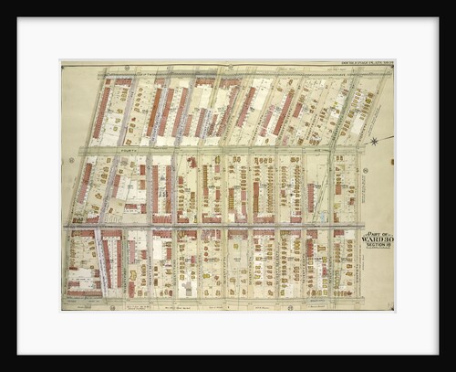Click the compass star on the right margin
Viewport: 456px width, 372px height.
(x=375, y=140)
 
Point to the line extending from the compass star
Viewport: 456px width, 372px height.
(x=385, y=138)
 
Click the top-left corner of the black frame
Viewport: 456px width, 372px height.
(x=18, y=19)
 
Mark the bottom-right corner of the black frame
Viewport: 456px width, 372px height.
(x=437, y=353)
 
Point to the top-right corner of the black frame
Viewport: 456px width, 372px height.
(x=437, y=19)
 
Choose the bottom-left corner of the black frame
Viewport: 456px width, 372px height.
(x=18, y=353)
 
